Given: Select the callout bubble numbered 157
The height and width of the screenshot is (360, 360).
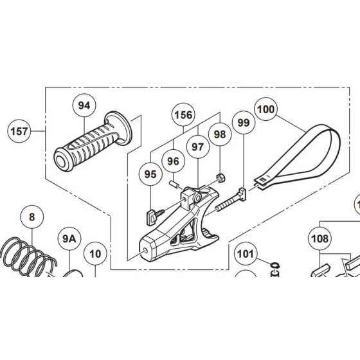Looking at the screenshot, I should (20, 132).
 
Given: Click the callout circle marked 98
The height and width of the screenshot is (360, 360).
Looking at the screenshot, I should (220, 134).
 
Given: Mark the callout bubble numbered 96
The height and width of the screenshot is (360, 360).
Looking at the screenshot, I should (172, 160).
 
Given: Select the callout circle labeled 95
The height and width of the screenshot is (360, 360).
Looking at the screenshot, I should (150, 174).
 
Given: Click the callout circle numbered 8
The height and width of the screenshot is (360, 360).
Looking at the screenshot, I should (31, 217).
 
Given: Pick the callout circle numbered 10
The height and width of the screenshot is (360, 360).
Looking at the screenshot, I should (94, 254).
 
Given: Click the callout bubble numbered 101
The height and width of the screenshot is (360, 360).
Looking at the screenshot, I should (245, 253).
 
